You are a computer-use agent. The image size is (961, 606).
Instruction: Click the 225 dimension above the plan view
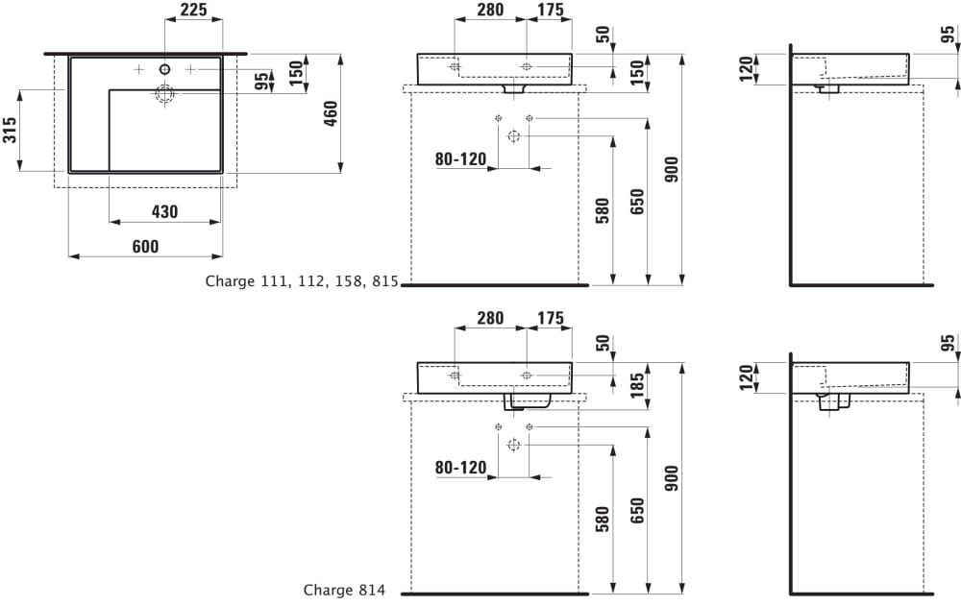[193, 11]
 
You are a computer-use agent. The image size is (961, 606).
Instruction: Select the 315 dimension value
[10, 130]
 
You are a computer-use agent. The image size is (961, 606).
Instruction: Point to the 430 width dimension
[165, 212]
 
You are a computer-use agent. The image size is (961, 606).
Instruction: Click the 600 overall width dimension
[144, 247]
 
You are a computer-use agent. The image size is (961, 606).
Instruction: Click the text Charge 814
[344, 591]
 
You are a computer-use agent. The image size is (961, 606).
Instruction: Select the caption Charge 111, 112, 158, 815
[302, 281]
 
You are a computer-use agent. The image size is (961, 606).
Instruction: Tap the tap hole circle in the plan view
[164, 69]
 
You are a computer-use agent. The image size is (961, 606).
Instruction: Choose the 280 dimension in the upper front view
[491, 11]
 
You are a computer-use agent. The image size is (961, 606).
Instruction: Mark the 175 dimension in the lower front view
[550, 318]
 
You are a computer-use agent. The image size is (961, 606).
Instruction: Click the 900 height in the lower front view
[672, 478]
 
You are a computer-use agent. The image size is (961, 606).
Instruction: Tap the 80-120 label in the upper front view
[460, 159]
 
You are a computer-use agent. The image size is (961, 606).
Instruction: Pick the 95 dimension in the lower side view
[948, 345]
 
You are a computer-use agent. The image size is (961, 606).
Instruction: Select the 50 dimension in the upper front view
[604, 36]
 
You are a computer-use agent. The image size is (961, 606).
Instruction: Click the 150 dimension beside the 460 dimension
[296, 70]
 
